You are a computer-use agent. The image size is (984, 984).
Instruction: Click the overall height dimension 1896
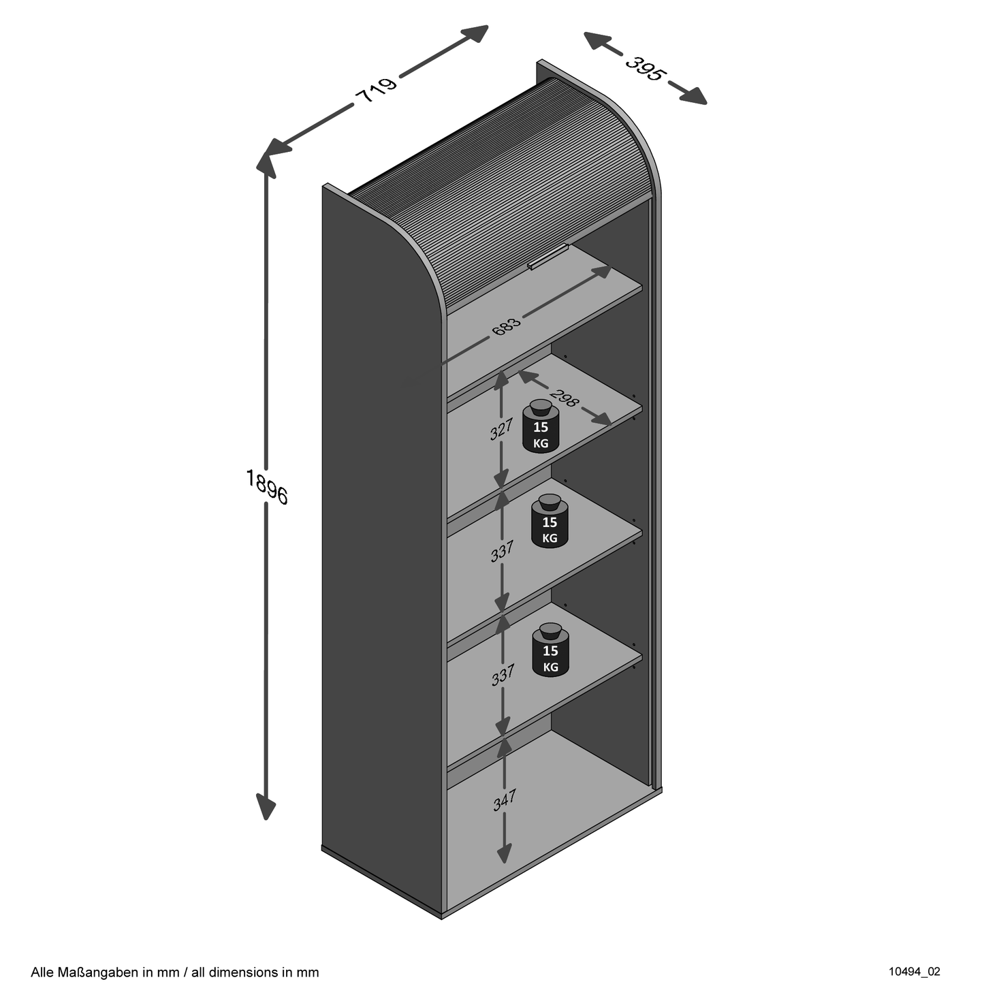click(x=267, y=486)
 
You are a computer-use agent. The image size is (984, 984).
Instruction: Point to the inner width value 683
click(x=507, y=326)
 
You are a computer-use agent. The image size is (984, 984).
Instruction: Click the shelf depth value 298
click(x=565, y=398)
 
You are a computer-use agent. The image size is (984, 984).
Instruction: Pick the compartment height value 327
click(x=501, y=430)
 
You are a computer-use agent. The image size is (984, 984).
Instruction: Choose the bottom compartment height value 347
click(x=505, y=799)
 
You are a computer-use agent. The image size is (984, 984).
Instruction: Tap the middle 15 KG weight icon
click(x=550, y=521)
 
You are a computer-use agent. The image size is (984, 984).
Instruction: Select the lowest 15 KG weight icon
click(x=550, y=650)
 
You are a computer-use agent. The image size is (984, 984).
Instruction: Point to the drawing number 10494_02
click(x=915, y=971)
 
